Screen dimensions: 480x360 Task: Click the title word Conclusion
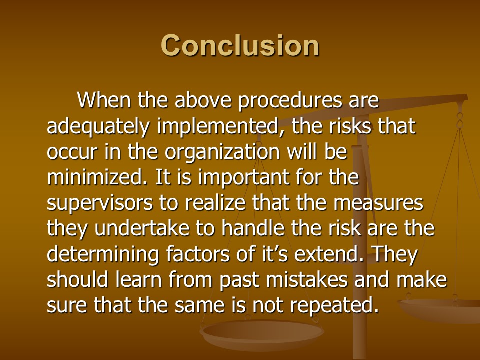coord(240,45)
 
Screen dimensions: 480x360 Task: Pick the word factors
coord(198,254)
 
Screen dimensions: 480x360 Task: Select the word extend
coord(329,254)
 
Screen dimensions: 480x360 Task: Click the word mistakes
coord(307,280)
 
